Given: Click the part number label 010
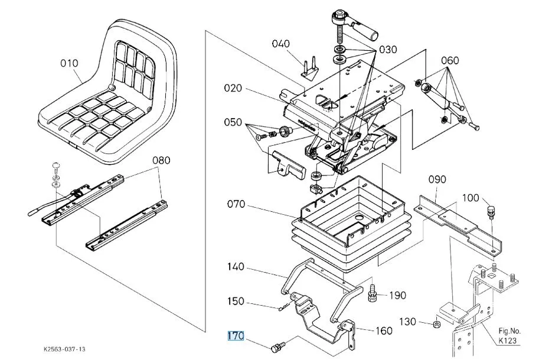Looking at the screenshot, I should (x=68, y=63).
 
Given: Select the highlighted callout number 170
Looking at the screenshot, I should (x=236, y=336).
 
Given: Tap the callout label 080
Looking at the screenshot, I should (x=161, y=160).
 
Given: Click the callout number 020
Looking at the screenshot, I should (x=233, y=89).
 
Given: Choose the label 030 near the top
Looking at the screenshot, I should (x=388, y=49).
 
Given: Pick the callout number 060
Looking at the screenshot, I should (x=450, y=61).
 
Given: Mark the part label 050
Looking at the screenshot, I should (x=233, y=123).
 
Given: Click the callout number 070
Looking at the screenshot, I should (x=236, y=204).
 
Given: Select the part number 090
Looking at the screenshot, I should (x=437, y=179).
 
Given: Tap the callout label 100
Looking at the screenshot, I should (x=471, y=198).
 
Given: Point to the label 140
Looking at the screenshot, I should (x=236, y=267).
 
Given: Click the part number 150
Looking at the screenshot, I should (x=236, y=302).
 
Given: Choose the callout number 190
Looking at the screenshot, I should (x=398, y=295).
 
